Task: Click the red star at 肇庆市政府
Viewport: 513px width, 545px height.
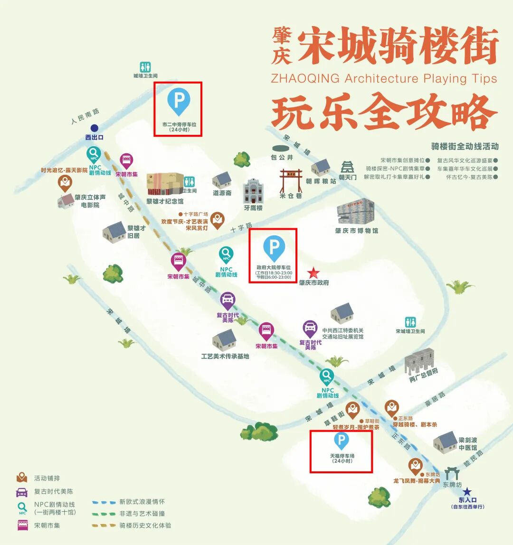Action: pyautogui.click(x=313, y=273)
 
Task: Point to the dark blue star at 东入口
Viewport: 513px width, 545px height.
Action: pyautogui.click(x=467, y=492)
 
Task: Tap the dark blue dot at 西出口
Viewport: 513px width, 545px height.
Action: pyautogui.click(x=95, y=128)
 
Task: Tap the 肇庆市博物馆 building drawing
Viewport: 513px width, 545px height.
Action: pyautogui.click(x=355, y=212)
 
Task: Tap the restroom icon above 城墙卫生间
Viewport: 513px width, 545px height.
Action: pyautogui.click(x=145, y=67)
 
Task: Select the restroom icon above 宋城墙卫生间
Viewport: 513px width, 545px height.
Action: pyautogui.click(x=410, y=322)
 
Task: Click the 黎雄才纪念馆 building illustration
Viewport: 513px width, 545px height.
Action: pyautogui.click(x=164, y=184)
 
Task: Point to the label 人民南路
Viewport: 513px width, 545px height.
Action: pyautogui.click(x=85, y=116)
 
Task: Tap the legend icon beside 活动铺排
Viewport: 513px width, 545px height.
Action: pyautogui.click(x=22, y=478)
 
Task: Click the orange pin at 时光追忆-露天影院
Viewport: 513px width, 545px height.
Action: pyautogui.click(x=65, y=182)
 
